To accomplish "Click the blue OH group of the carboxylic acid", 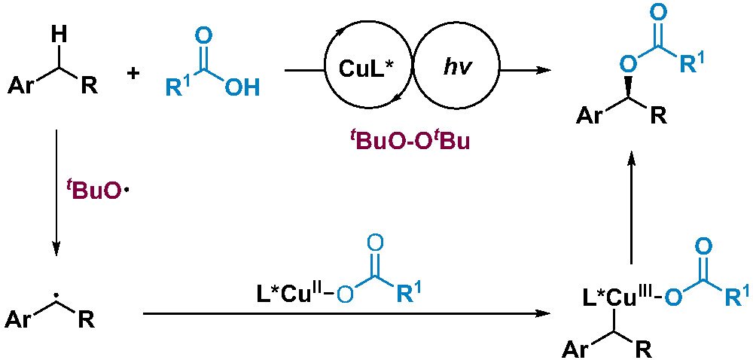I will (242, 89).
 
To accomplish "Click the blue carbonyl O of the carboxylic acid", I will (202, 37).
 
